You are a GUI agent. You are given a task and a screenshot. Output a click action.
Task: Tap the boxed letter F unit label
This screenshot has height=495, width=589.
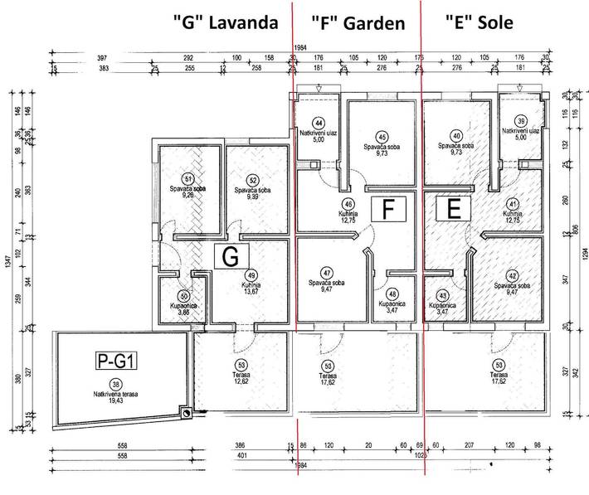click(x=387, y=209)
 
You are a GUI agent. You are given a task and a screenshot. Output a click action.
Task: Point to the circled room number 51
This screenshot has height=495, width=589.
click(x=188, y=178)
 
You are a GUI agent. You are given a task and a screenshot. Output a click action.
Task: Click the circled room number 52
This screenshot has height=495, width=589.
click(x=252, y=178)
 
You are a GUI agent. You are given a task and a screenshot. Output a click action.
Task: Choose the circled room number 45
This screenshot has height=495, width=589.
click(x=382, y=137)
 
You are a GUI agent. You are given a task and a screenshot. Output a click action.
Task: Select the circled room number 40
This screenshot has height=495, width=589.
click(x=456, y=136)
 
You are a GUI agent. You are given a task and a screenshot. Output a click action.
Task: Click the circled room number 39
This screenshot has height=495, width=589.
click(x=521, y=120)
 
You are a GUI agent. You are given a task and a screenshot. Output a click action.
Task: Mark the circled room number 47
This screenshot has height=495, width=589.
click(x=327, y=272)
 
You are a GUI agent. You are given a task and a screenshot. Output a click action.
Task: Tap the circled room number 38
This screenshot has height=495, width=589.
click(x=115, y=383)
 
